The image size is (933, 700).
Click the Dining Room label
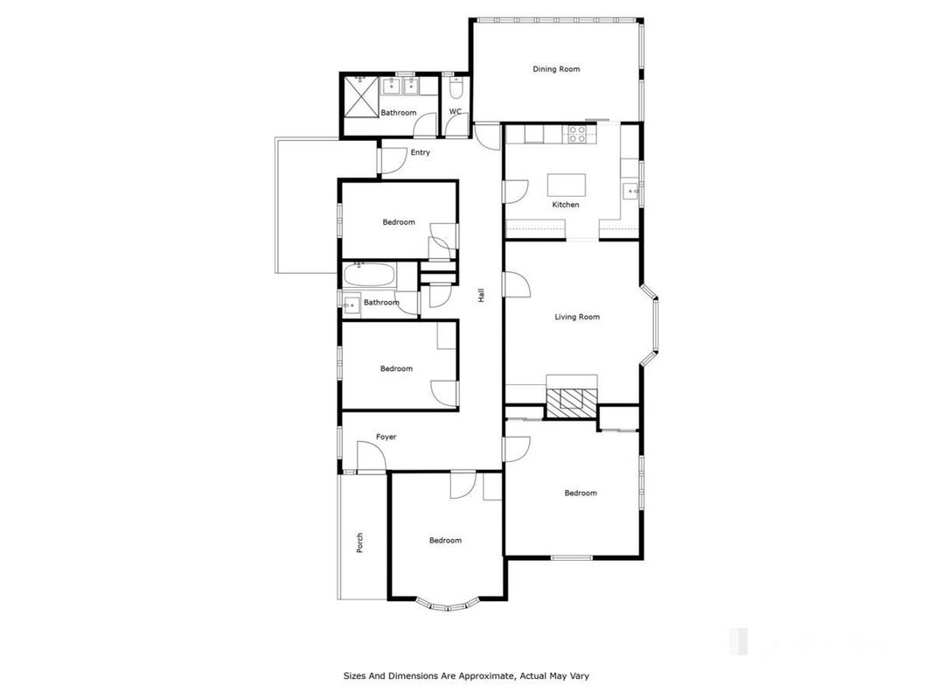pyautogui.click(x=556, y=69)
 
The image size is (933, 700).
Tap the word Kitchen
pyautogui.click(x=565, y=205)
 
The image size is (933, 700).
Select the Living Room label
pyautogui.click(x=577, y=318)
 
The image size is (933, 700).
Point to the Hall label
pyautogui.click(x=481, y=295)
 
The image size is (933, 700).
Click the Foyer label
pyautogui.click(x=386, y=437)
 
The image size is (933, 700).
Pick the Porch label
pyautogui.click(x=359, y=542)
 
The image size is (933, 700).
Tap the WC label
pyautogui.click(x=456, y=111)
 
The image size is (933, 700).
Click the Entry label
pyautogui.click(x=420, y=152)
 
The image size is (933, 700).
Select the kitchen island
pyautogui.click(x=567, y=185)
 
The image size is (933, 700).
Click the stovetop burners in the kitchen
pyautogui.click(x=576, y=135)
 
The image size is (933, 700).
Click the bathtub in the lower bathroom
pyautogui.click(x=369, y=276)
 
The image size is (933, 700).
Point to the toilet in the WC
pyautogui.click(x=456, y=88)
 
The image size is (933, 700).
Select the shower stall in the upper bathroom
pyautogui.click(x=362, y=96)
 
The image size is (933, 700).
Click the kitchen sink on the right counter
pyautogui.click(x=630, y=192)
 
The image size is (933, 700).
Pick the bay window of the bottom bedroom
pyautogui.click(x=447, y=605)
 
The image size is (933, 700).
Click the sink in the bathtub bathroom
pyautogui.click(x=351, y=304)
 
